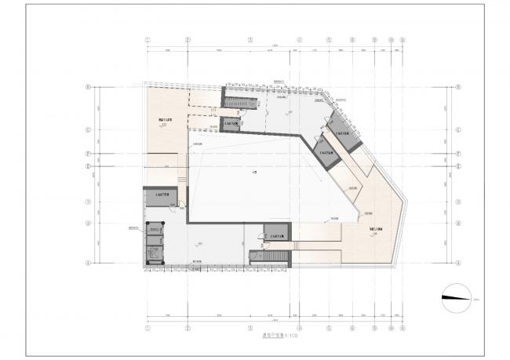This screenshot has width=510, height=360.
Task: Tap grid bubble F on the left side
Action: [89, 154]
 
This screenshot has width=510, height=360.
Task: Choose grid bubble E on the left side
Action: [89, 166]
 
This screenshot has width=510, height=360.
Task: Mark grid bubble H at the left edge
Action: [89, 87]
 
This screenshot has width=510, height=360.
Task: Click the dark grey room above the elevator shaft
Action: [157, 198]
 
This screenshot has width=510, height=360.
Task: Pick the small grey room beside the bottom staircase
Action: [277, 235]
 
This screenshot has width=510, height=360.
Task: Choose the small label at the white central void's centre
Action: [253, 173]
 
